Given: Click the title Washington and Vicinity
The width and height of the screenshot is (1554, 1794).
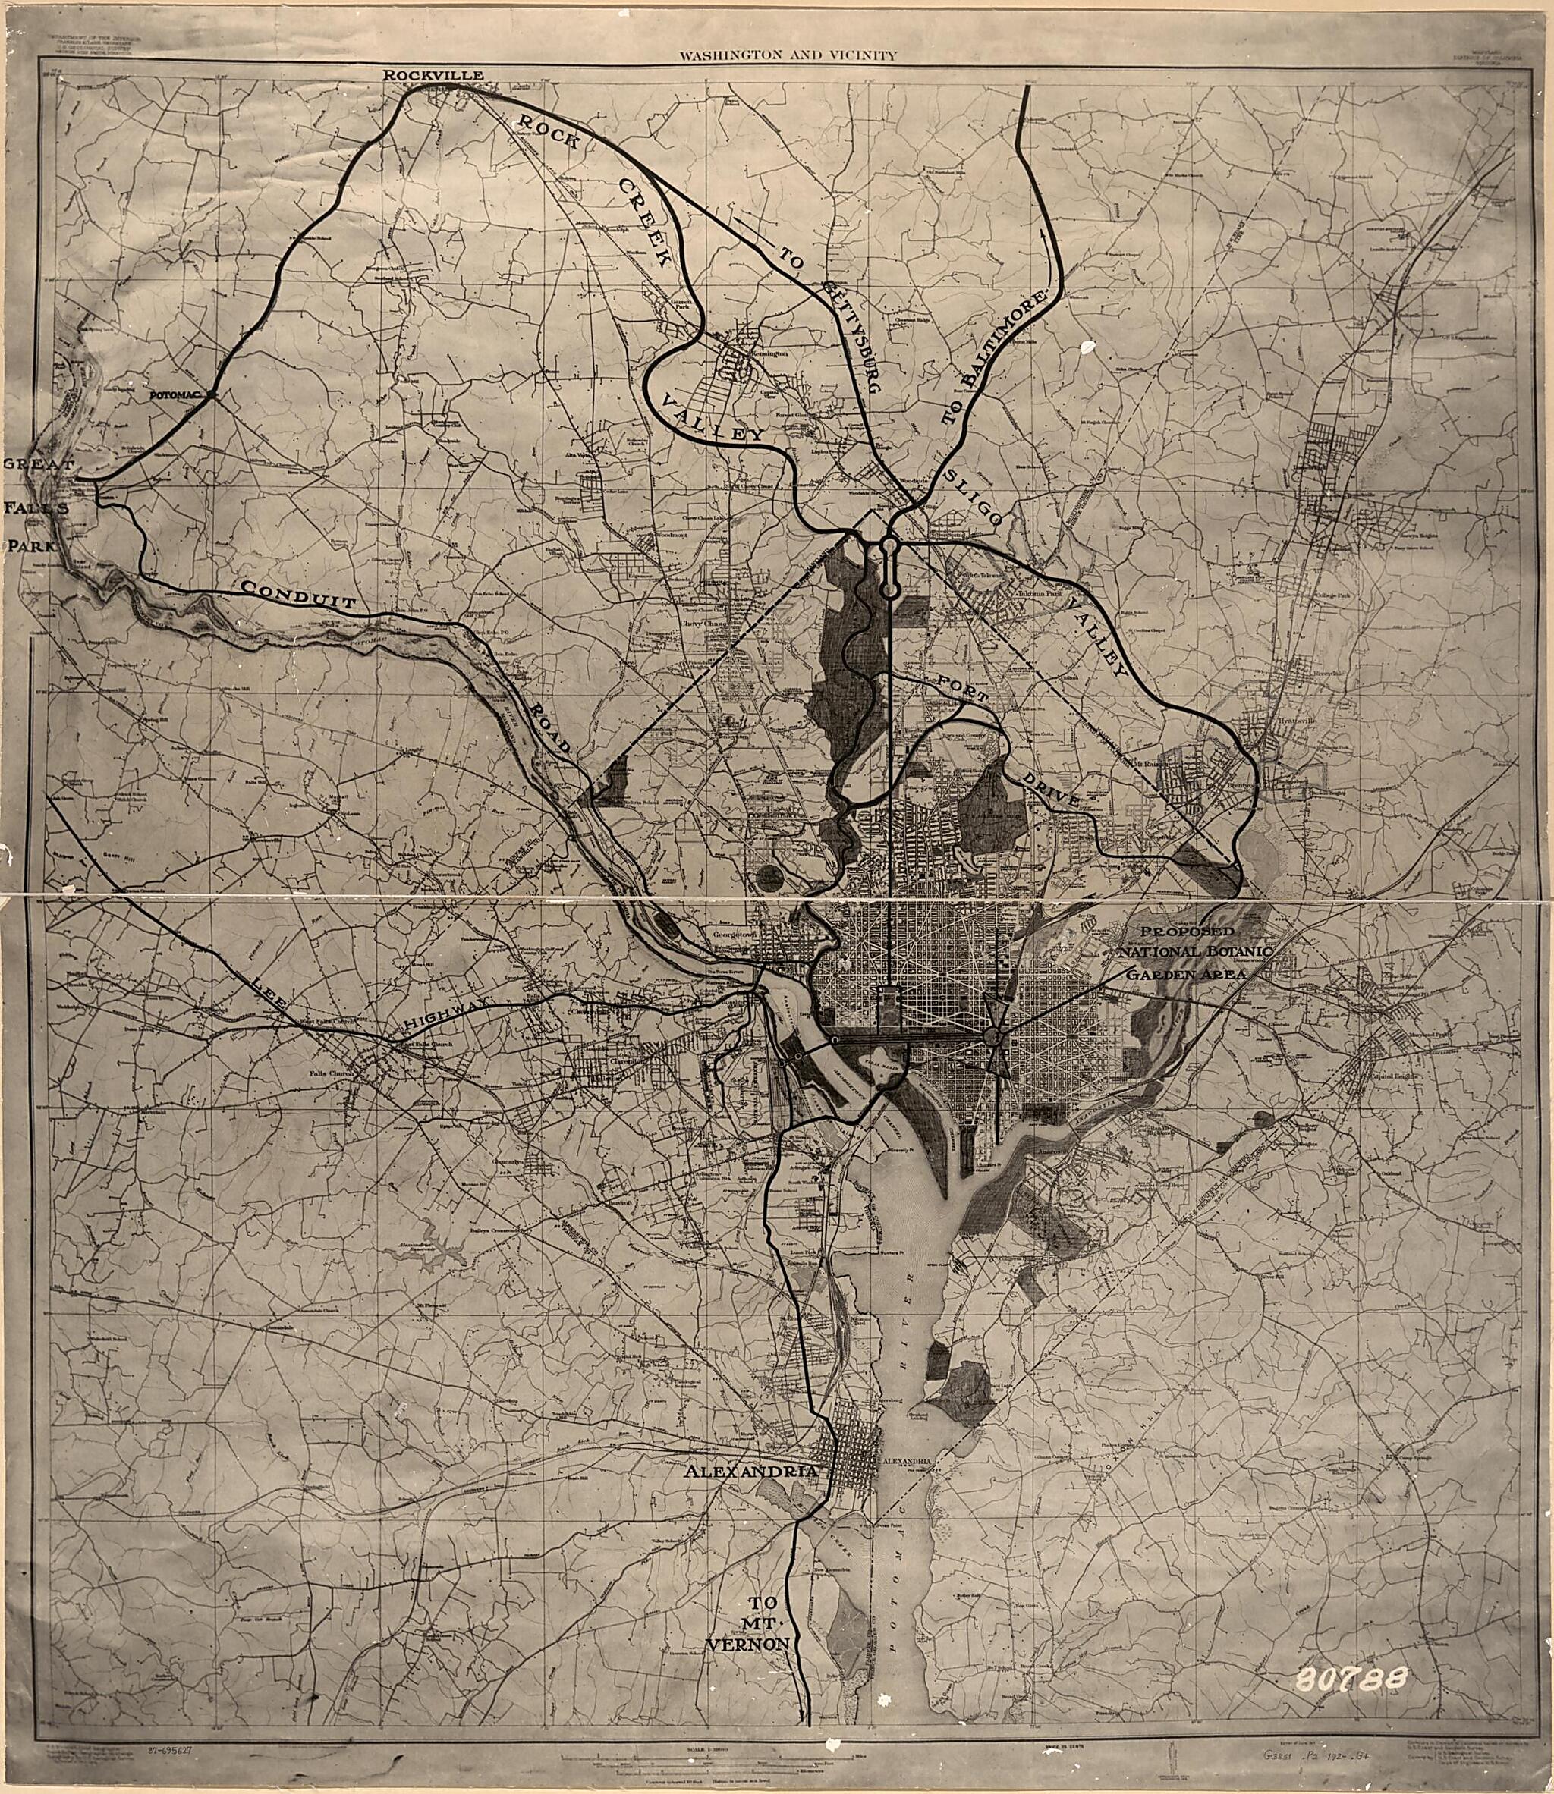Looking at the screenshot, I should [x=788, y=55].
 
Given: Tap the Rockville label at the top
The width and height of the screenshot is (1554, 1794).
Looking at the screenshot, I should [x=433, y=77].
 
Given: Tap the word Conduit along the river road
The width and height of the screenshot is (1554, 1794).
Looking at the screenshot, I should [x=298, y=596].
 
